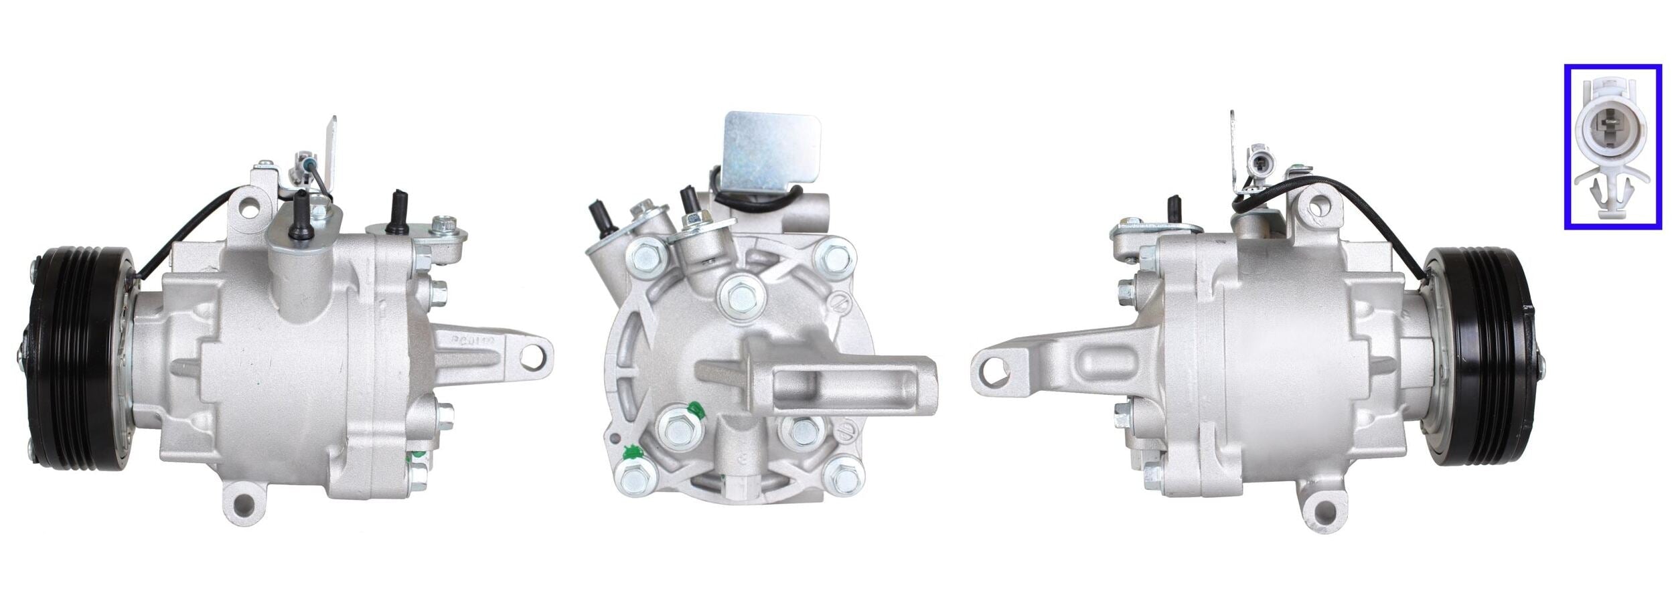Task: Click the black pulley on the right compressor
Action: (x=1480, y=354)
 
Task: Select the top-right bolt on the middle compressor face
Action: (x=834, y=256)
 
